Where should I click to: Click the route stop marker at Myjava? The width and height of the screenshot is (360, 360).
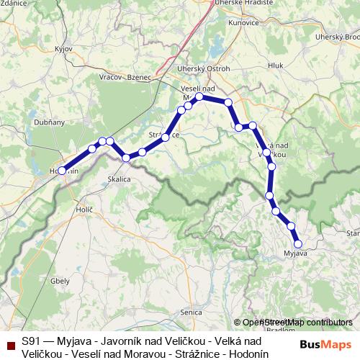[x=298, y=243]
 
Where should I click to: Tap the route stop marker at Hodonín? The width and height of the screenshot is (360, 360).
[x=62, y=171]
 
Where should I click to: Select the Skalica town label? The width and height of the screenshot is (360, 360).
[x=119, y=179]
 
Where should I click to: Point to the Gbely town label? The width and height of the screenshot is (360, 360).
[x=60, y=281]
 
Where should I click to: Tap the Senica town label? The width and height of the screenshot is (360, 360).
[x=191, y=312]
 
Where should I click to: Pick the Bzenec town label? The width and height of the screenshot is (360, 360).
[x=139, y=77]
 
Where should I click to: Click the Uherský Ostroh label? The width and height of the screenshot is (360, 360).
[x=203, y=69]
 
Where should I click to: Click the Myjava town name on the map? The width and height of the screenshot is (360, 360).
[x=296, y=253]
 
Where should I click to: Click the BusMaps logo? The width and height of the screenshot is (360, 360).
[x=324, y=343]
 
